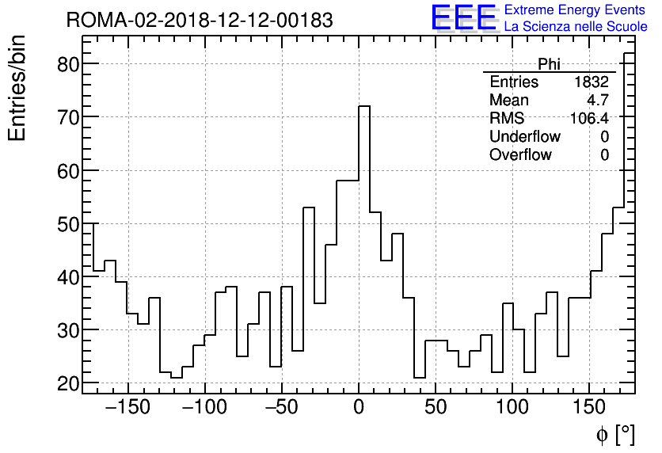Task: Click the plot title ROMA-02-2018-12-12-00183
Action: pyautogui.click(x=200, y=20)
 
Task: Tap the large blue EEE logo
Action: pyautogui.click(x=463, y=18)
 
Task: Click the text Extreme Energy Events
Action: pyautogui.click(x=576, y=10)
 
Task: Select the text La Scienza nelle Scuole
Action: pyautogui.click(x=576, y=27)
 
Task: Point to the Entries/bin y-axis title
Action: pyautogui.click(x=17, y=88)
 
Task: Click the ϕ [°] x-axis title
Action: pyautogui.click(x=615, y=435)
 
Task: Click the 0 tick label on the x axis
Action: pyautogui.click(x=359, y=408)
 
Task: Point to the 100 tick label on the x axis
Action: pyautogui.click(x=512, y=408)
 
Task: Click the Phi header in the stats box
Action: pyautogui.click(x=549, y=64)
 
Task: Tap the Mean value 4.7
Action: pyautogui.click(x=598, y=101)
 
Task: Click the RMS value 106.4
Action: pyautogui.click(x=589, y=119)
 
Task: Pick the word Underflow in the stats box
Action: pyautogui.click(x=525, y=137)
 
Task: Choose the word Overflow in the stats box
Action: pyautogui.click(x=520, y=155)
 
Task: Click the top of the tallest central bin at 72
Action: pyautogui.click(x=364, y=106)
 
